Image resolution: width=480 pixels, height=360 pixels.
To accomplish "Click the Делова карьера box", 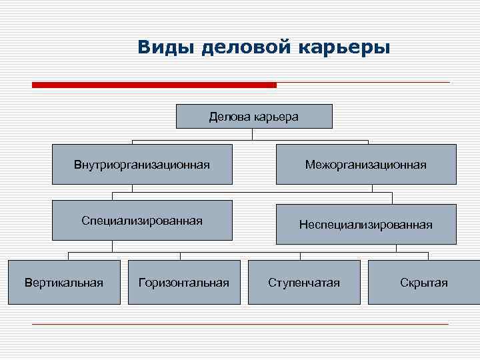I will point(254,117).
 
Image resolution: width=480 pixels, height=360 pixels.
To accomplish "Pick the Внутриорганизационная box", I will point(143,164).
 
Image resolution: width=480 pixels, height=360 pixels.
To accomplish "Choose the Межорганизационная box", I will point(366,164).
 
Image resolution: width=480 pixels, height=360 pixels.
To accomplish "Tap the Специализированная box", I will point(143,221).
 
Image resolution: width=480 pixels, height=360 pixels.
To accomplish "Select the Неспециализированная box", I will point(366,225).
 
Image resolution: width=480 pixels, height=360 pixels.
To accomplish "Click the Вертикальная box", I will point(64,283).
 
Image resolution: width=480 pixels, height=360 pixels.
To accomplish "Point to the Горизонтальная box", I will point(183,283).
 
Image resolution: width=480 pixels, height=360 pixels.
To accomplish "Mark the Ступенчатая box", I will point(304,283).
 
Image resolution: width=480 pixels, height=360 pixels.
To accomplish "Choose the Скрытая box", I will point(424,283).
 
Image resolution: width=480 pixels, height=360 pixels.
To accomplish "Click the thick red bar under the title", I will point(154,85).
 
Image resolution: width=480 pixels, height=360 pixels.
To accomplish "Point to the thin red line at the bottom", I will point(240,324).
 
